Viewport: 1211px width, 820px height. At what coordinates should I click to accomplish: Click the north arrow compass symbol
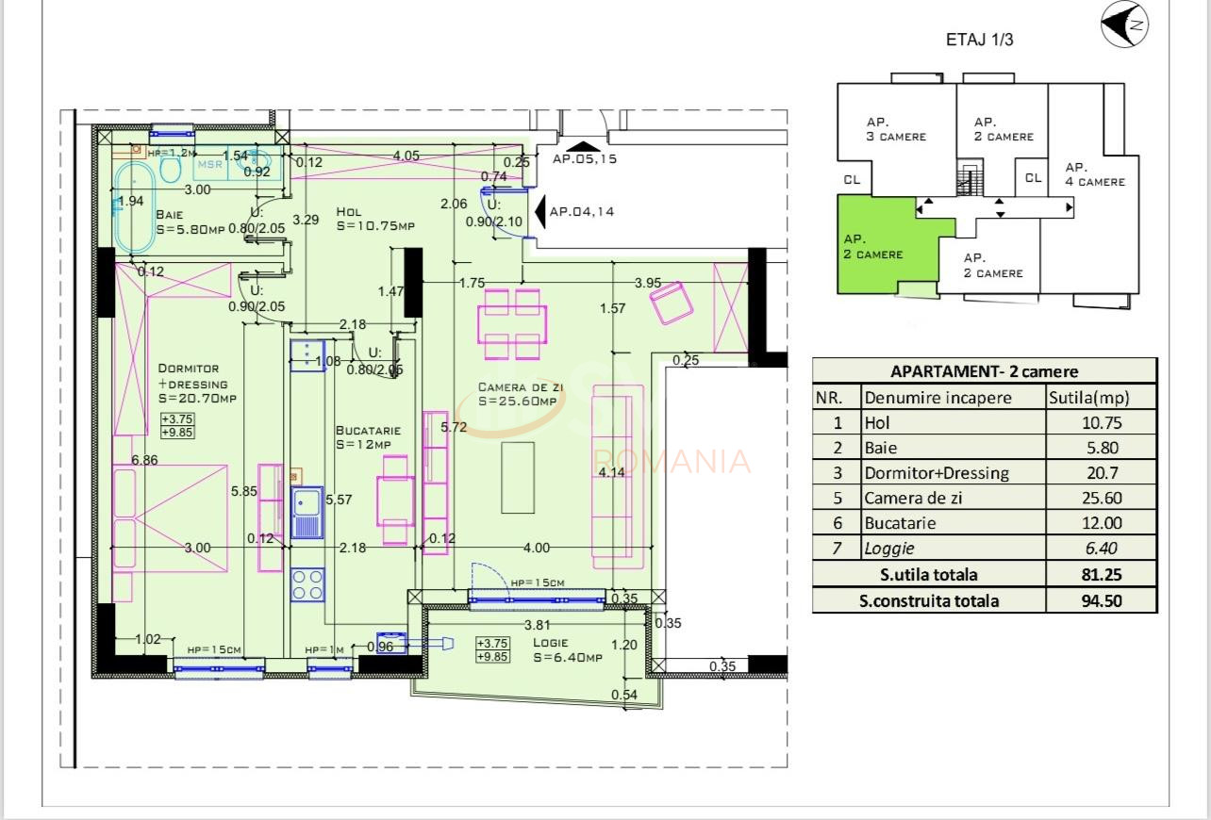[x=1124, y=25]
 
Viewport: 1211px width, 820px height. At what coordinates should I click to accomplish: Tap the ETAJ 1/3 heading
[x=979, y=40]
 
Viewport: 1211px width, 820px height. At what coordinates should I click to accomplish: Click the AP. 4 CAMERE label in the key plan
[x=1094, y=174]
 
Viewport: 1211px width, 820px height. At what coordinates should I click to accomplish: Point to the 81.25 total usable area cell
[x=1101, y=575]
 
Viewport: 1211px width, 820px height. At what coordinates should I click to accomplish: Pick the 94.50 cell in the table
[x=1101, y=600]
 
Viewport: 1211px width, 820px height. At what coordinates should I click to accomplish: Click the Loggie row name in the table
[x=889, y=549]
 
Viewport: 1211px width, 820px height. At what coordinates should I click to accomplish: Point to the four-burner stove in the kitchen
[x=307, y=584]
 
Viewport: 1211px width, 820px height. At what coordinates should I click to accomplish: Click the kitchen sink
[x=307, y=515]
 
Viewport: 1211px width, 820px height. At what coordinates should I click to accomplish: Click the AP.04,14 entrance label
[x=581, y=212]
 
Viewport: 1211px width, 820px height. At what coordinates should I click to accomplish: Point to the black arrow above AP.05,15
[x=584, y=146]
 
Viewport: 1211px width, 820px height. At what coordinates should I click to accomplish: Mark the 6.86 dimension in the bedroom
[x=144, y=461]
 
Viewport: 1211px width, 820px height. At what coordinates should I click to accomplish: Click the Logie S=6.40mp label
[x=566, y=650]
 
